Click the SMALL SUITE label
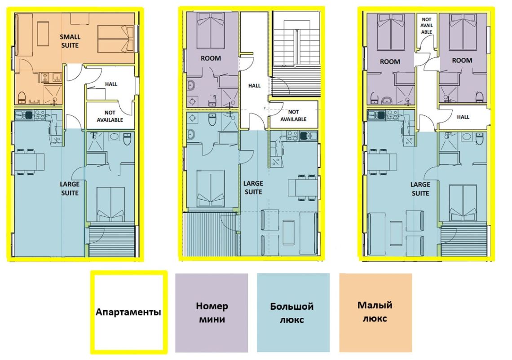(70, 41)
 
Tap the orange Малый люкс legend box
(375, 313)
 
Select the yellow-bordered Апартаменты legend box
(128, 312)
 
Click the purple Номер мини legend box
(212, 313)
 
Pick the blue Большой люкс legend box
(293, 313)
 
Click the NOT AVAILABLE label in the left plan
(110, 116)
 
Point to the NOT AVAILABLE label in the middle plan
(293, 115)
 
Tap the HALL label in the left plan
(111, 84)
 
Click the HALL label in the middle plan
(254, 86)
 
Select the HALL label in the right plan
(463, 117)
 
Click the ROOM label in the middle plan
(211, 58)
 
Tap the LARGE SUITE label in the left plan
(70, 189)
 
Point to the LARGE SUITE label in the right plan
(420, 189)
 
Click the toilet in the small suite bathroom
(22, 97)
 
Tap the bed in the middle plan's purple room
(211, 31)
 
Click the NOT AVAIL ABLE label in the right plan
(427, 26)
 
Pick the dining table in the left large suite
(30, 162)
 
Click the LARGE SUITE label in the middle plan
(253, 188)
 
